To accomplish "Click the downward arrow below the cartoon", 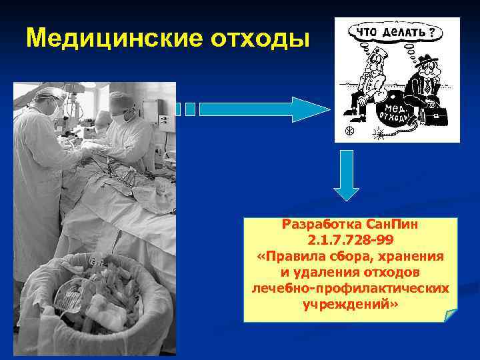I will tap(347, 175).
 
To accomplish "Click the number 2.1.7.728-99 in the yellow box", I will tap(351, 239).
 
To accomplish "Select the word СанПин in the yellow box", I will tap(386, 224).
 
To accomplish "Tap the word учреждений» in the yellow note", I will tap(351, 305).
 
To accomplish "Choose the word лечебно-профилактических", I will tap(351, 289).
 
